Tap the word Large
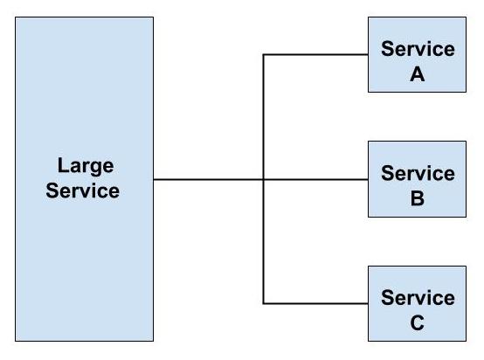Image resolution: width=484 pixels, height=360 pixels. pos(86,166)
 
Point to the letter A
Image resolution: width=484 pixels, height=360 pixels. pos(418,74)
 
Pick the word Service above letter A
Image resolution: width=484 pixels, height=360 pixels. pos(418,49)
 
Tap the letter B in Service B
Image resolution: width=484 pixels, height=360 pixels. pos(418,198)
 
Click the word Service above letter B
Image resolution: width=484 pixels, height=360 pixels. pos(418,173)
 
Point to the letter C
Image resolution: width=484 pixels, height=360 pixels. pos(418,323)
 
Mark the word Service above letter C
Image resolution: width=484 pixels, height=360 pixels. pos(418,298)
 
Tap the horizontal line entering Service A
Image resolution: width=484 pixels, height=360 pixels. pos(315,55)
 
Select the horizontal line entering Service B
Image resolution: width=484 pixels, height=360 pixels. pos(315,180)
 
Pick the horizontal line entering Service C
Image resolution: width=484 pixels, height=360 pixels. pos(315,304)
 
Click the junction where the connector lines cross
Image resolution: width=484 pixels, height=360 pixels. pos(264,180)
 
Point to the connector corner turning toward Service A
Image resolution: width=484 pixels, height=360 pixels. pos(264,55)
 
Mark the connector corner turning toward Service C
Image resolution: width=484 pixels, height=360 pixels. pos(264,304)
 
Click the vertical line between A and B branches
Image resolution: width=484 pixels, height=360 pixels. pos(264,118)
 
